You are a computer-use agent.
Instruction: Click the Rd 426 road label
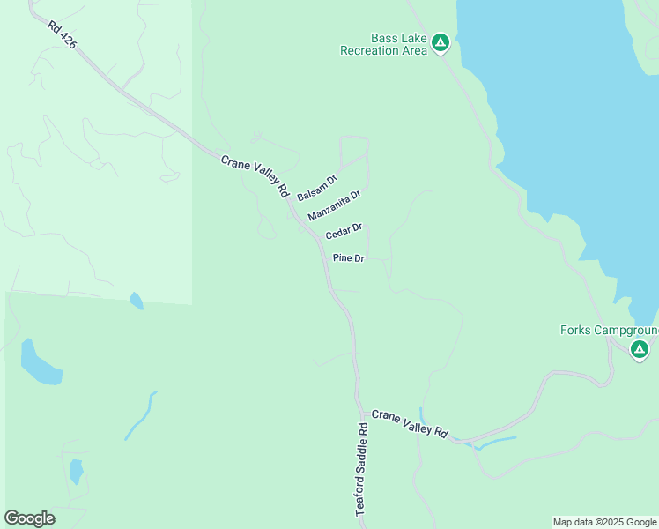click(62, 36)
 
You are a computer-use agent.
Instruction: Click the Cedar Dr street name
click(344, 232)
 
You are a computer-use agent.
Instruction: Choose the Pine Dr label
click(349, 258)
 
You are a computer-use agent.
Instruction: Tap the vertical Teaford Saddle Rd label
click(362, 469)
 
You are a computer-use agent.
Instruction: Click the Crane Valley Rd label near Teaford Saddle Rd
click(410, 424)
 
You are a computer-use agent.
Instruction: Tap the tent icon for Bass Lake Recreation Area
click(441, 42)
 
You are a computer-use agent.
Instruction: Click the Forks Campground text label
click(609, 331)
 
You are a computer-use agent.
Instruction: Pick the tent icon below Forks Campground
click(640, 351)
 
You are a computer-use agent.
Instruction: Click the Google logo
click(29, 518)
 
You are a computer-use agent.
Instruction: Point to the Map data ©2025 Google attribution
click(604, 523)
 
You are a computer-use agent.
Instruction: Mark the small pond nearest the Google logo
click(76, 472)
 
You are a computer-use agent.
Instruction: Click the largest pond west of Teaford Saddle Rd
click(40, 363)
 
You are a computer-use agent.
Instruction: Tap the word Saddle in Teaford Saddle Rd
click(362, 470)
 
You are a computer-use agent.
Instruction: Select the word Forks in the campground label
click(576, 331)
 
